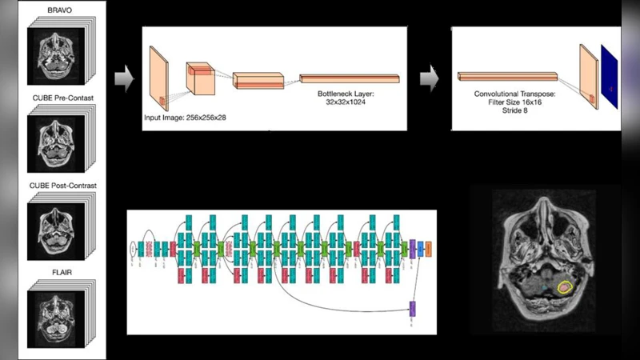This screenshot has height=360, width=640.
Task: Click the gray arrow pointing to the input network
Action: pos(123,78)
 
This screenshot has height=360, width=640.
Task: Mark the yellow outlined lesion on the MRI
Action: pos(566,285)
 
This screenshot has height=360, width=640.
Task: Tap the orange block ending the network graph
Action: pos(430,248)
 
